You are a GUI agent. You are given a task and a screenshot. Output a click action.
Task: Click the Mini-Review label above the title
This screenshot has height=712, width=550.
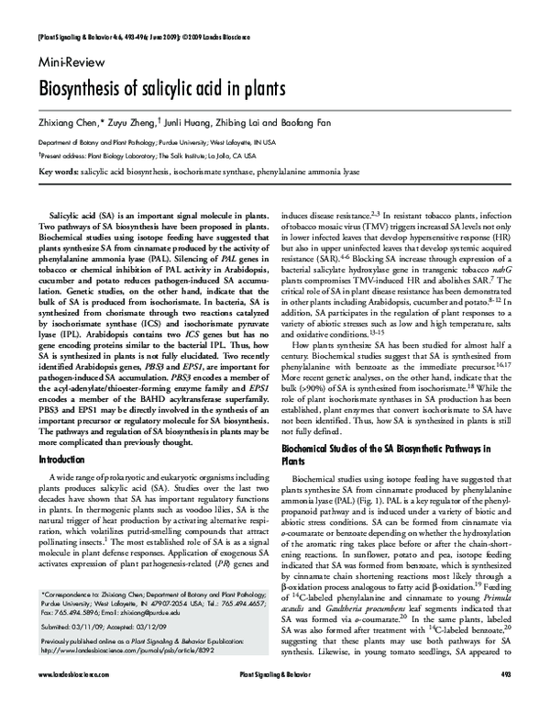(71, 66)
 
